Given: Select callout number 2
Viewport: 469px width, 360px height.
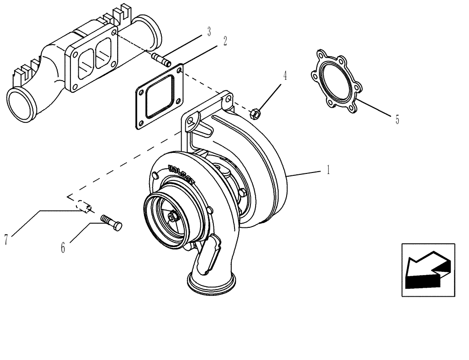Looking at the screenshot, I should click(x=225, y=41).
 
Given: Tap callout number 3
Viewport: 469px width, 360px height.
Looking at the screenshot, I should click(x=209, y=32).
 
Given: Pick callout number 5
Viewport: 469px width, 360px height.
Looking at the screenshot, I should click(x=397, y=120).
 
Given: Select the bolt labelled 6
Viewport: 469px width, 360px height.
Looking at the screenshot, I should click(x=111, y=222).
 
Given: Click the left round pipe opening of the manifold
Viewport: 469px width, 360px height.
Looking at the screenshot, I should click(x=21, y=105).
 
